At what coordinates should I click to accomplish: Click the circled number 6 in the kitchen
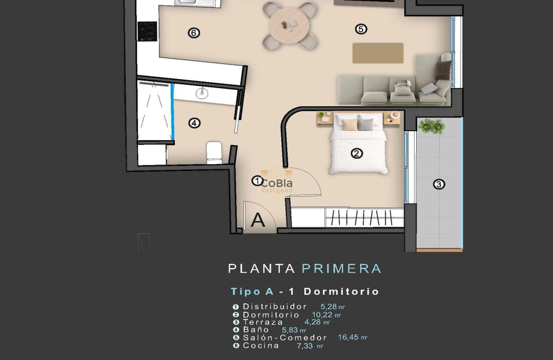[x=194, y=33]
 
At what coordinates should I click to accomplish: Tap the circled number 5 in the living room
[x=361, y=29]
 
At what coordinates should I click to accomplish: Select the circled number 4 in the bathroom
[x=194, y=123]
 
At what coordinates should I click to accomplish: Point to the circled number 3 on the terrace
[x=439, y=184]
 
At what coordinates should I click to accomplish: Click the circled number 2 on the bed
[x=357, y=153]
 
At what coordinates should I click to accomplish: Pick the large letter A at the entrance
[x=258, y=220]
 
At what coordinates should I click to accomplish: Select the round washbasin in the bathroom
[x=201, y=93]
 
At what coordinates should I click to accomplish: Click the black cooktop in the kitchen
[x=147, y=31]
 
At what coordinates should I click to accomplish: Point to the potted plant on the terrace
[x=431, y=126]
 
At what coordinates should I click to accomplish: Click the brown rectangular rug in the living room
[x=378, y=53]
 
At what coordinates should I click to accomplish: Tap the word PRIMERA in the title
[x=341, y=269]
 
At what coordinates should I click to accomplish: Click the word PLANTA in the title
[x=261, y=269]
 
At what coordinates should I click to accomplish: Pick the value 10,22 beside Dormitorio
[x=322, y=315]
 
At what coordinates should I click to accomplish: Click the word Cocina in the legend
[x=261, y=345]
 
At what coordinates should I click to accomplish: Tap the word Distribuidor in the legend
[x=275, y=306]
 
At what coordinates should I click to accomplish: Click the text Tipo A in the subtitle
[x=252, y=291]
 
